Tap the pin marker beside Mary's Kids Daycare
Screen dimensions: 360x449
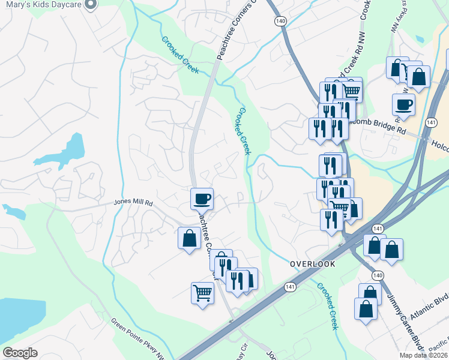click(91, 5)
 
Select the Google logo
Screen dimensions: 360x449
click(20, 353)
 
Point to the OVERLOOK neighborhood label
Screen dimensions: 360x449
click(312, 263)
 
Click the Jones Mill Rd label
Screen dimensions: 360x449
click(133, 203)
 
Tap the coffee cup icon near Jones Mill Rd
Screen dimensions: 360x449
click(202, 198)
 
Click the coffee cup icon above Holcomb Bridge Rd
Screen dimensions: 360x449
click(403, 104)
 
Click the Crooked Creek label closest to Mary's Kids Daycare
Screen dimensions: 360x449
click(180, 55)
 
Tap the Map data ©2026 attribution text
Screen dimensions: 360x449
click(424, 355)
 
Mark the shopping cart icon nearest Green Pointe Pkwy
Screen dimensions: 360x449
click(202, 293)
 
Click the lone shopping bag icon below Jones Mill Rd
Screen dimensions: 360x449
click(190, 238)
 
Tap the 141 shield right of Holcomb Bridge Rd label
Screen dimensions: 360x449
click(430, 122)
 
